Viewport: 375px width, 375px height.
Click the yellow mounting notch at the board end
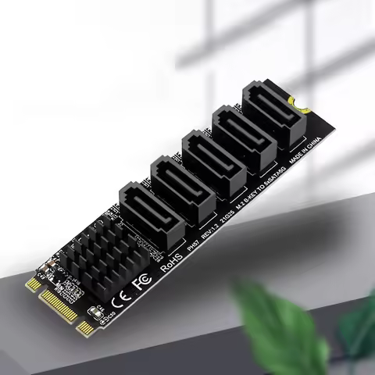point(294,101)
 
